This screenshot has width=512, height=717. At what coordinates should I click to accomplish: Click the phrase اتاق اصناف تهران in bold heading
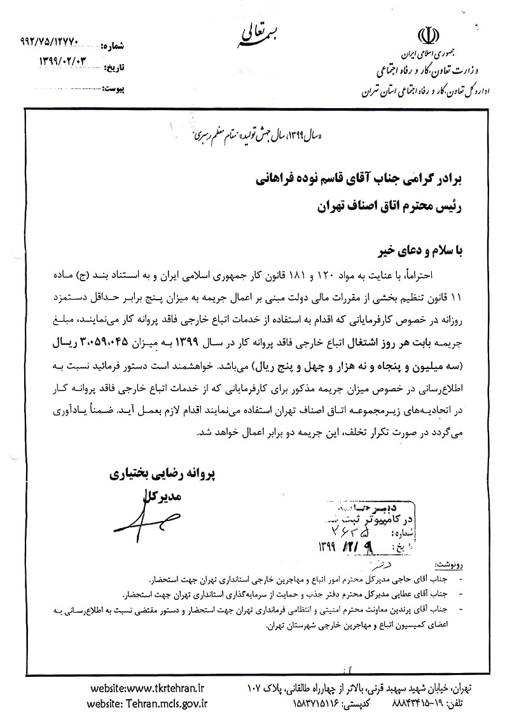coord(353,206)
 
